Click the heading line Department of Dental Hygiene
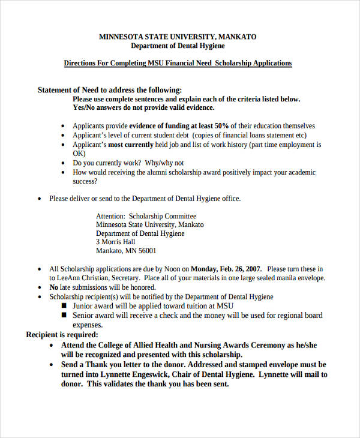tap(178, 46)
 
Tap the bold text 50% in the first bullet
tap(221, 126)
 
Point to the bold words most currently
tap(131, 145)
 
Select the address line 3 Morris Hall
tap(116, 242)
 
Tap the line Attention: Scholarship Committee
tap(146, 216)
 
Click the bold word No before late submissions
tap(54, 287)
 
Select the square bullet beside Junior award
tap(65, 306)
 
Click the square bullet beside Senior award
tap(65, 315)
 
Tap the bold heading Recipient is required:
tap(62, 335)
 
